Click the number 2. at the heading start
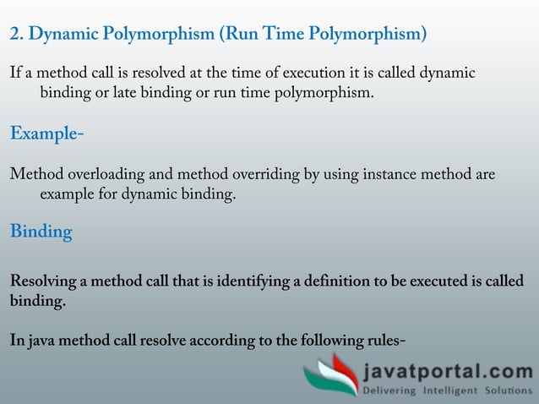tap(17, 35)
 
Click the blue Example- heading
tap(47, 134)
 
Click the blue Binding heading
tap(41, 232)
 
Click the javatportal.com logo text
tap(448, 372)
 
